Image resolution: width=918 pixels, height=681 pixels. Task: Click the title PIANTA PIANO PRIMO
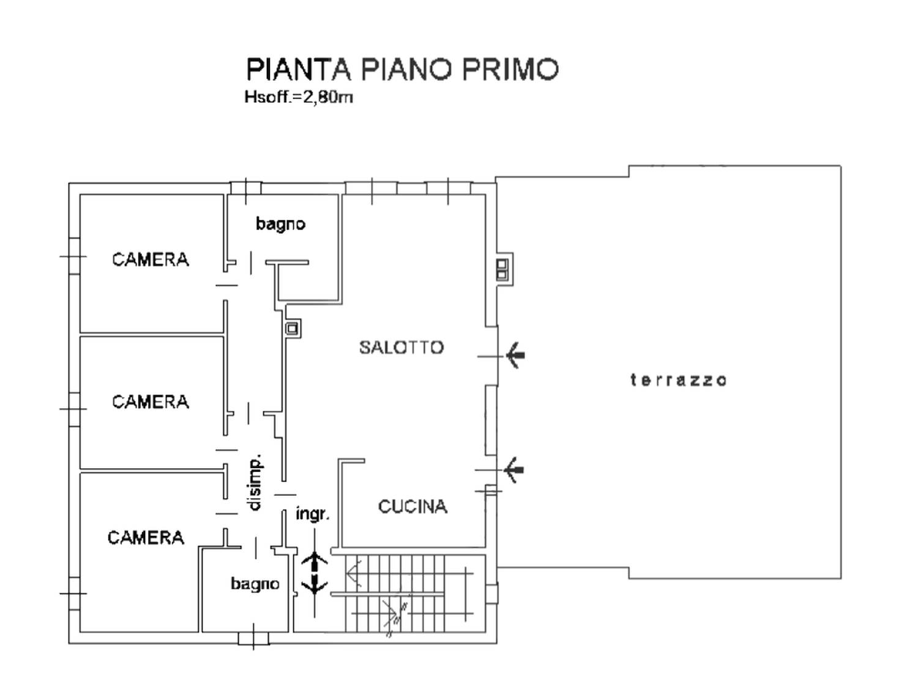point(402,70)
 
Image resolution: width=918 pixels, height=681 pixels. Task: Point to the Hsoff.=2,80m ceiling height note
point(299,97)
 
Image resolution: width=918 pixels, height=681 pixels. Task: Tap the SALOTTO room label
point(401,348)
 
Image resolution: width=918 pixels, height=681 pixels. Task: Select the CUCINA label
point(412,507)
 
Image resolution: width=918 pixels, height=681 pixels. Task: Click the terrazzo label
point(678,380)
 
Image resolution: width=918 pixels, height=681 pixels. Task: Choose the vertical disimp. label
point(255,483)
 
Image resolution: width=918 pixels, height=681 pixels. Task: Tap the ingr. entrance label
point(313,515)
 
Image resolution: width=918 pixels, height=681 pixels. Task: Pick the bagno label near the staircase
point(255,584)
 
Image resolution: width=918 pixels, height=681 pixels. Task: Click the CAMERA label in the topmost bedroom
point(151,260)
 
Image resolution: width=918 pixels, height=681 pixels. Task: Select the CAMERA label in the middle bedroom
point(151,402)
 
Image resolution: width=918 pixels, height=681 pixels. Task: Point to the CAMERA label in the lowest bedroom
point(146,538)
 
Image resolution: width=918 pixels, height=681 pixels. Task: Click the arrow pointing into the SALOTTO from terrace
point(515,355)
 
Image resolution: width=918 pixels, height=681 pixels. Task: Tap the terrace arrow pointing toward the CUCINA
point(513,470)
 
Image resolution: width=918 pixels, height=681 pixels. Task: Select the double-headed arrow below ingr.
point(315,573)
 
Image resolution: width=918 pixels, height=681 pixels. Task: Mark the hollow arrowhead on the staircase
point(354,574)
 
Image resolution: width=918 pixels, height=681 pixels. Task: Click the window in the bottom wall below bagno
point(254,638)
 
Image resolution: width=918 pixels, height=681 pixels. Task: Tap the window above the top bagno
point(246,189)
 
